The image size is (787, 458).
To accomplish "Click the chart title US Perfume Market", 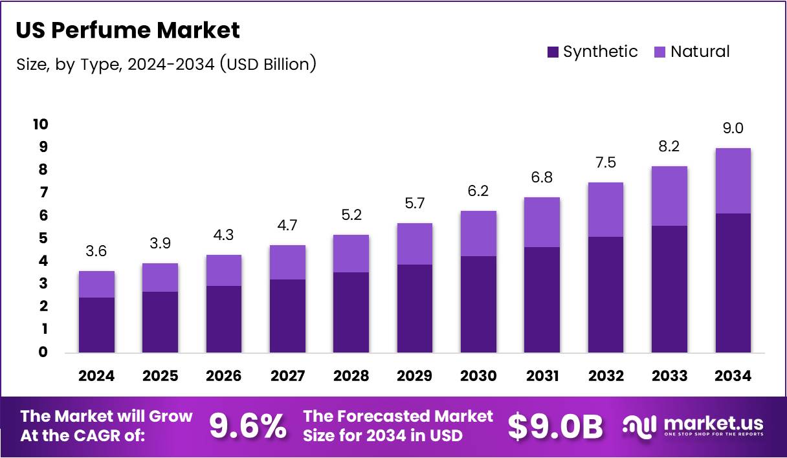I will [127, 30].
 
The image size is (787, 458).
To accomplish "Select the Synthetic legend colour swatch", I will [552, 52].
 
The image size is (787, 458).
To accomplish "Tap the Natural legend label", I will [700, 52].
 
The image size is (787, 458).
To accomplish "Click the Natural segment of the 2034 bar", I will [733, 180].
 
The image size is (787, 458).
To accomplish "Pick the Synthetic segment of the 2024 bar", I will [96, 325].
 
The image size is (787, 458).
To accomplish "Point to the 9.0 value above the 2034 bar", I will [733, 129].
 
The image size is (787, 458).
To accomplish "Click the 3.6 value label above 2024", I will [96, 252].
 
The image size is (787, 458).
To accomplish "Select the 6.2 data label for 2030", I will [478, 191].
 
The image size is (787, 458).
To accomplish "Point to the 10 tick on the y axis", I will [41, 124].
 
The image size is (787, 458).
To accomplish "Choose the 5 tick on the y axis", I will [43, 238].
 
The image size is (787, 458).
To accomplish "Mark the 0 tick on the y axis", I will [43, 353].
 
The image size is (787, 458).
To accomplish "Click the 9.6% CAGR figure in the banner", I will [248, 426].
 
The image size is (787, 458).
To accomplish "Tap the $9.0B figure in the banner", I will [555, 426].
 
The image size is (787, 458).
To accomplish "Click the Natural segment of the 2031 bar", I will [542, 222].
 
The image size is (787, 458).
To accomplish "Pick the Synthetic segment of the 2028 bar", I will [351, 312].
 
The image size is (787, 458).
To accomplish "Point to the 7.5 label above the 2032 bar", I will [606, 163].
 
